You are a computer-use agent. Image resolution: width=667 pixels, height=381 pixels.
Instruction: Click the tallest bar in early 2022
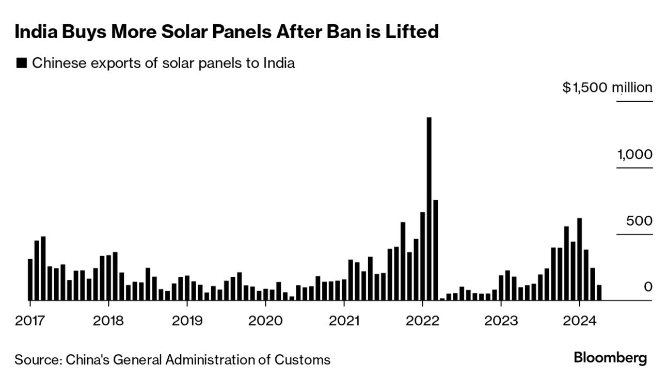point(429,209)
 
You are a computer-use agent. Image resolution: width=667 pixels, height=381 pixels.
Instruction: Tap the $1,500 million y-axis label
point(608,88)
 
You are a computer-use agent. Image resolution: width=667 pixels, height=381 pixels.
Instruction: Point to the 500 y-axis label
point(639,221)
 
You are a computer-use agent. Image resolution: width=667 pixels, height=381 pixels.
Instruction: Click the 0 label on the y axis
point(648,287)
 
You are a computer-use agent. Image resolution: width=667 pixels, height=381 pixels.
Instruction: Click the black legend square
point(21,63)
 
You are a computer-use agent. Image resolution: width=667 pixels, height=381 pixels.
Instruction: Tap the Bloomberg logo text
point(610,358)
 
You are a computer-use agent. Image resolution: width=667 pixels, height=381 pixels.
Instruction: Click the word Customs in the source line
point(307,359)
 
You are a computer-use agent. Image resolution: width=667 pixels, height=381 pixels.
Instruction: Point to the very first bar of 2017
point(30,279)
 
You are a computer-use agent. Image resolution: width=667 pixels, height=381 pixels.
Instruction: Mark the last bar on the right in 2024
point(599,292)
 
